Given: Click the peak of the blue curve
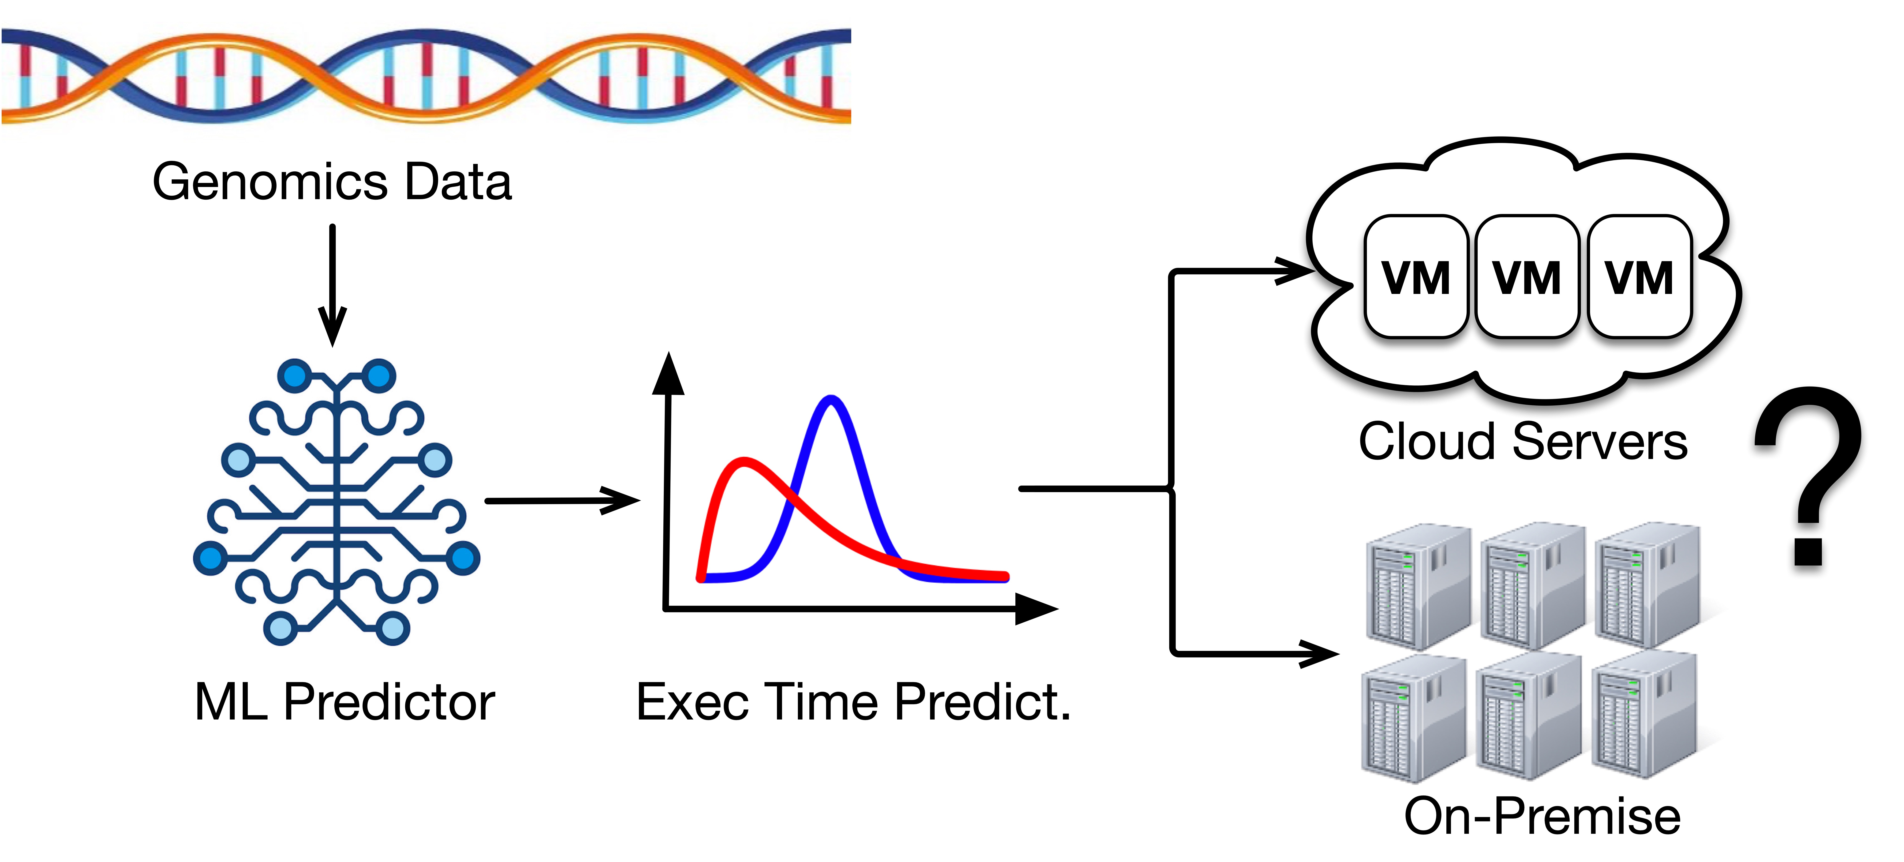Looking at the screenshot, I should [x=831, y=401].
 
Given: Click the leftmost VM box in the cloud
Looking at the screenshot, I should [x=1415, y=277].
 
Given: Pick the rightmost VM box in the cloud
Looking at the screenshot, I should [x=1639, y=277].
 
